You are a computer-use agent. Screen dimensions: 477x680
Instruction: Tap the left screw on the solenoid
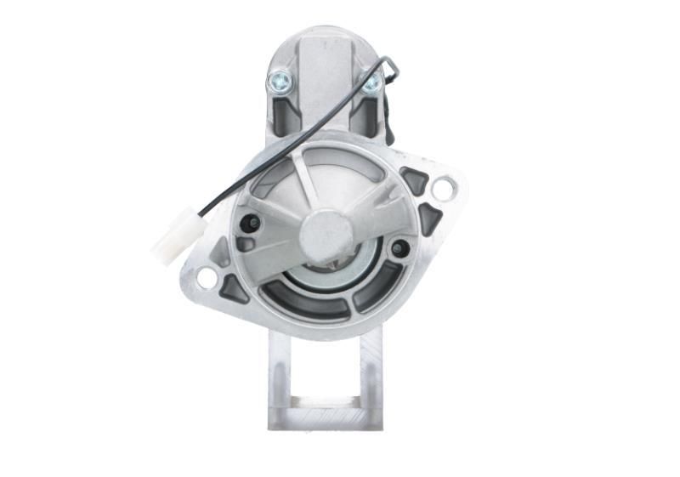pos(278,82)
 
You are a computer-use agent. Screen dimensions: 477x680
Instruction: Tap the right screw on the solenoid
pos(371,82)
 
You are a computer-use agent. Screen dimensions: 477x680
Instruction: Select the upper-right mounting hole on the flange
pos(442,189)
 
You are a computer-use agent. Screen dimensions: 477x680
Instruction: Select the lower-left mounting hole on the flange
pos(207,277)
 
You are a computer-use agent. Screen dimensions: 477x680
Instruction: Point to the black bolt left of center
pos(250,223)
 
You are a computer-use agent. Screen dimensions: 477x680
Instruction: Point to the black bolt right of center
pos(399,248)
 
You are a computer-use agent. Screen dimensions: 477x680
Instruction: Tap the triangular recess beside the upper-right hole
pos(416,180)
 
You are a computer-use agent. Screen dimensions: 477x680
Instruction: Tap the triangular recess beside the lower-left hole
pos(233,289)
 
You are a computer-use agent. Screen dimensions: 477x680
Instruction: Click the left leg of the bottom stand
pos(280,374)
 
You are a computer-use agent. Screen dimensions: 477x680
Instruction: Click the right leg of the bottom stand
pos(371,374)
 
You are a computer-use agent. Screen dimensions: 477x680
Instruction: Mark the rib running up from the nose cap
pos(308,183)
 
